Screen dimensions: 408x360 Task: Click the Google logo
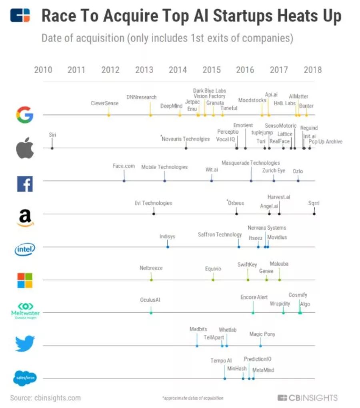25,115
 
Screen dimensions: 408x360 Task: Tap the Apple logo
25,148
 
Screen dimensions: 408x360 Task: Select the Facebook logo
25,184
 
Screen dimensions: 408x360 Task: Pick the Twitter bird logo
25,343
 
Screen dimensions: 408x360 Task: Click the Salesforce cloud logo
25,378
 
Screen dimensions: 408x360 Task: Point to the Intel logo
25,249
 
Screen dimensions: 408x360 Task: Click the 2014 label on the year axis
178,70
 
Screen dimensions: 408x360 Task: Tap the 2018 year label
312,70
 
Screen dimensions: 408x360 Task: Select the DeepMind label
171,106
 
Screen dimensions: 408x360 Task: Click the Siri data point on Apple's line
52,148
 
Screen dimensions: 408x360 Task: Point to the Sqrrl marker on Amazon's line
314,214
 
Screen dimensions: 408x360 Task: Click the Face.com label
124,166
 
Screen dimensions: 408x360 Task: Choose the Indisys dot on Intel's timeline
168,247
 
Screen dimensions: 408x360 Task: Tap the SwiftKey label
247,264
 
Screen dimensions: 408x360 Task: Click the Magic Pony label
262,334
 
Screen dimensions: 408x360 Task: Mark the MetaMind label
264,370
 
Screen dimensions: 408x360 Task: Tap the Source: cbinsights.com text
45,398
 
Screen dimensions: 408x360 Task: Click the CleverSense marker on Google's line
108,115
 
